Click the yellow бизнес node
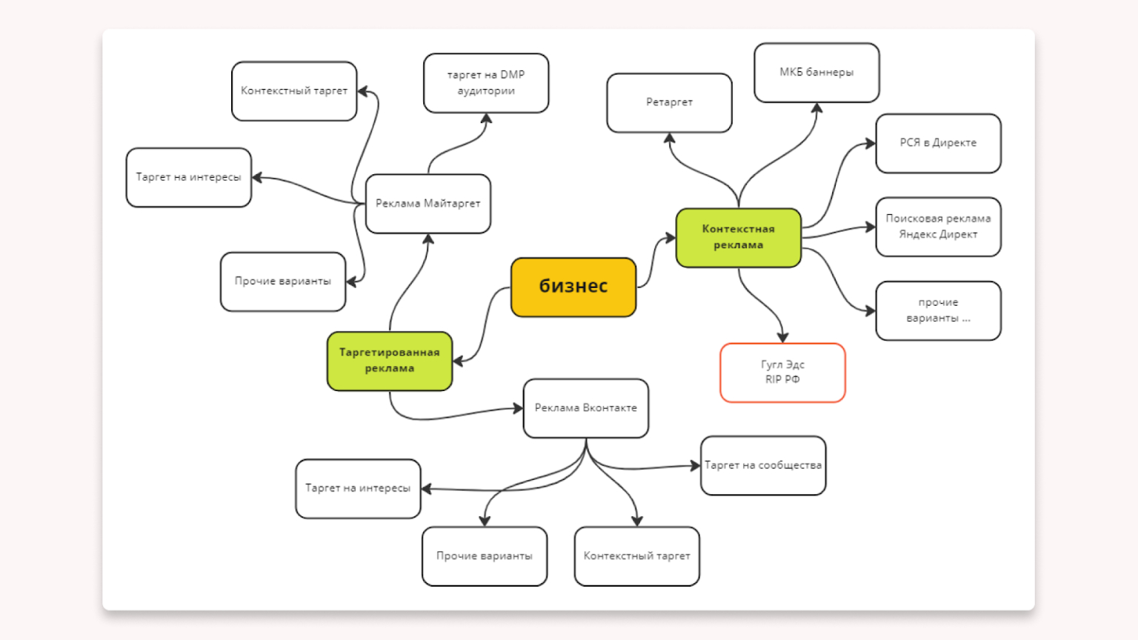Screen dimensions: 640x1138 (x=573, y=287)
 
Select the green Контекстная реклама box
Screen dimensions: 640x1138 (x=738, y=237)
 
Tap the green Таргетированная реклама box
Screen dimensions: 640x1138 (x=389, y=361)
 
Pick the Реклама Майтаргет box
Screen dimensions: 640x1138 (x=427, y=204)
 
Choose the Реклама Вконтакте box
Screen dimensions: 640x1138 (x=585, y=408)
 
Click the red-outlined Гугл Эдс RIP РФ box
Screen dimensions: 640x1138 (x=782, y=373)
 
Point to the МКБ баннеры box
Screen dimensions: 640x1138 (x=816, y=73)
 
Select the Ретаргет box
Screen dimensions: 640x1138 (x=669, y=102)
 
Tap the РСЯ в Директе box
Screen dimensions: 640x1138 (x=938, y=143)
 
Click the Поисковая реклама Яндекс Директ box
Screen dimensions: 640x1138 (x=938, y=227)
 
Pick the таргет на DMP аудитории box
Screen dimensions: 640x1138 (x=486, y=83)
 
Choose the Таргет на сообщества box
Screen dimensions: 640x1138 (x=762, y=465)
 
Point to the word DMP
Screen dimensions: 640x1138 (x=512, y=75)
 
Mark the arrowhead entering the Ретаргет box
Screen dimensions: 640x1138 (x=669, y=139)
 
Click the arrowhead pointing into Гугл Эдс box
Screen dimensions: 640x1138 (x=782, y=338)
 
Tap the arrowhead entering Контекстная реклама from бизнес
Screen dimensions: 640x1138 (x=671, y=238)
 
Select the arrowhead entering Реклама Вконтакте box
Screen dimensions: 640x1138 (x=518, y=407)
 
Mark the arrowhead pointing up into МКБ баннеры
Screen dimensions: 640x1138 (x=816, y=108)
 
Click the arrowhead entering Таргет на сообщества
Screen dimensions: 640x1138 (x=695, y=465)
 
